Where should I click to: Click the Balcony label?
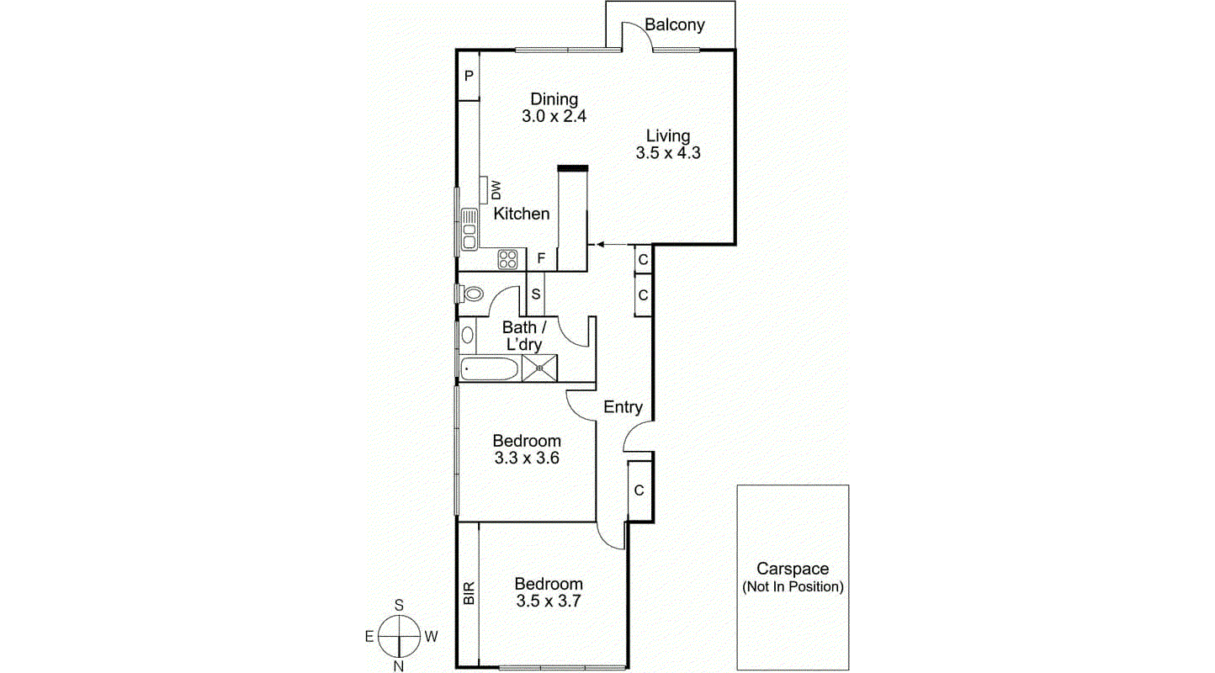[674, 24]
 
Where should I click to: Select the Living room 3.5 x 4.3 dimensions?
[668, 153]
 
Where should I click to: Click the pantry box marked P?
[469, 76]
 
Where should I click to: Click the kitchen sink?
[469, 228]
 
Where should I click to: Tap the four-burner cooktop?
[507, 259]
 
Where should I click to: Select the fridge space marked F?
[542, 259]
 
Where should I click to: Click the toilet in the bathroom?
[471, 294]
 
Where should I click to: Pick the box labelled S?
[536, 294]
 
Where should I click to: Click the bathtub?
[490, 368]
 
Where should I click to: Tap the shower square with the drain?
[539, 368]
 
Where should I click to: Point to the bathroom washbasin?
[467, 334]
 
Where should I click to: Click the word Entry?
[623, 407]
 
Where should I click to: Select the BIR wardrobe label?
[469, 594]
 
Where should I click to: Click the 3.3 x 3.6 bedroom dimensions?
[527, 458]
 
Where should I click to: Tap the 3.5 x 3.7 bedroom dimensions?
[549, 601]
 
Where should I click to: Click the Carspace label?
[792, 570]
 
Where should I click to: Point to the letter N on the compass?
[400, 666]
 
